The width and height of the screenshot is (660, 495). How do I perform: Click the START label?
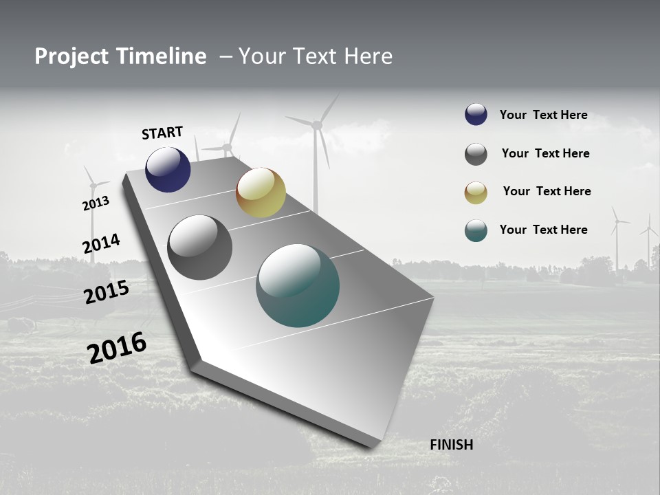point(162,133)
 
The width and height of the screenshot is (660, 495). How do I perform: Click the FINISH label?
point(451,445)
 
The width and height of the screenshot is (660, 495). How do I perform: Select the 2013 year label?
point(96,203)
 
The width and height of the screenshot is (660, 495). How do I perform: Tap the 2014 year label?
point(101,243)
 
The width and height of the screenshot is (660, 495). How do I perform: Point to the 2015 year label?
point(107,292)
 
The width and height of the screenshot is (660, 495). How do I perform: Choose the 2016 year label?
point(117,348)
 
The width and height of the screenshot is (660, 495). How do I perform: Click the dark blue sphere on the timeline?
point(168,170)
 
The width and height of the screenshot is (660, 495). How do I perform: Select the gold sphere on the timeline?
point(261,192)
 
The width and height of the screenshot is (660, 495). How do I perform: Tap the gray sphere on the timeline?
point(199,247)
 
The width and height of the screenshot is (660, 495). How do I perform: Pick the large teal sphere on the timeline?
point(298,285)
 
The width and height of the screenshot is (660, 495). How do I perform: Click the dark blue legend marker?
point(476,115)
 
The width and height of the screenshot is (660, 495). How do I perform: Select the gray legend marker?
point(476,154)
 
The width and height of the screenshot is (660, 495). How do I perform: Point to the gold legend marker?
point(476,192)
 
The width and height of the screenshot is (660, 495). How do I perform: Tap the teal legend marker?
point(476,230)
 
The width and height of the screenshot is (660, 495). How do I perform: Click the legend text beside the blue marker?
point(543,115)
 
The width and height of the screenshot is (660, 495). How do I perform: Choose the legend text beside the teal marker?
point(543,230)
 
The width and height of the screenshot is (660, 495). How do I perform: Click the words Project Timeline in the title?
point(120,56)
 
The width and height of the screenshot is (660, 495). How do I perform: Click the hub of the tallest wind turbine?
point(317,125)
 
